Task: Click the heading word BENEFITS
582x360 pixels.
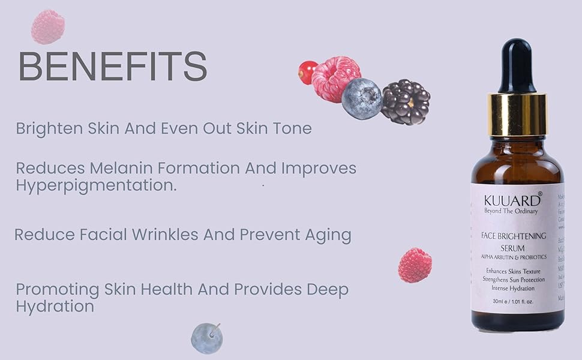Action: [x=113, y=67]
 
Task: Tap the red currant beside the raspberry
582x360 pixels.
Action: [x=307, y=73]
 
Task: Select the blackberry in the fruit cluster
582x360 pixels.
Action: [x=405, y=101]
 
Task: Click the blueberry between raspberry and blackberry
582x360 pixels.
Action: [x=362, y=98]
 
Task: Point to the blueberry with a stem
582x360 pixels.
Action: [x=206, y=338]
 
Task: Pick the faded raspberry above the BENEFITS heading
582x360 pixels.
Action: [x=48, y=27]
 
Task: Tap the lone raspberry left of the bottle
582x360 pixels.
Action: [x=415, y=265]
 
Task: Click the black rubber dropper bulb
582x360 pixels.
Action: [x=516, y=65]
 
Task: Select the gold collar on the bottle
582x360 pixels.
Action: [x=517, y=113]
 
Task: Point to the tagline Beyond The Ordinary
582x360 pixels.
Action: [x=511, y=211]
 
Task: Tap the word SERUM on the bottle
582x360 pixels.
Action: [x=512, y=247]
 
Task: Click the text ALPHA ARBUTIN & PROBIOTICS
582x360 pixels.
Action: [x=512, y=257]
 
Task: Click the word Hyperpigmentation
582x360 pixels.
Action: [x=96, y=185]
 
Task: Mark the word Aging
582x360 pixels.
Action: [x=329, y=235]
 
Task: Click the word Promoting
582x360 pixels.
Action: [x=57, y=289]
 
